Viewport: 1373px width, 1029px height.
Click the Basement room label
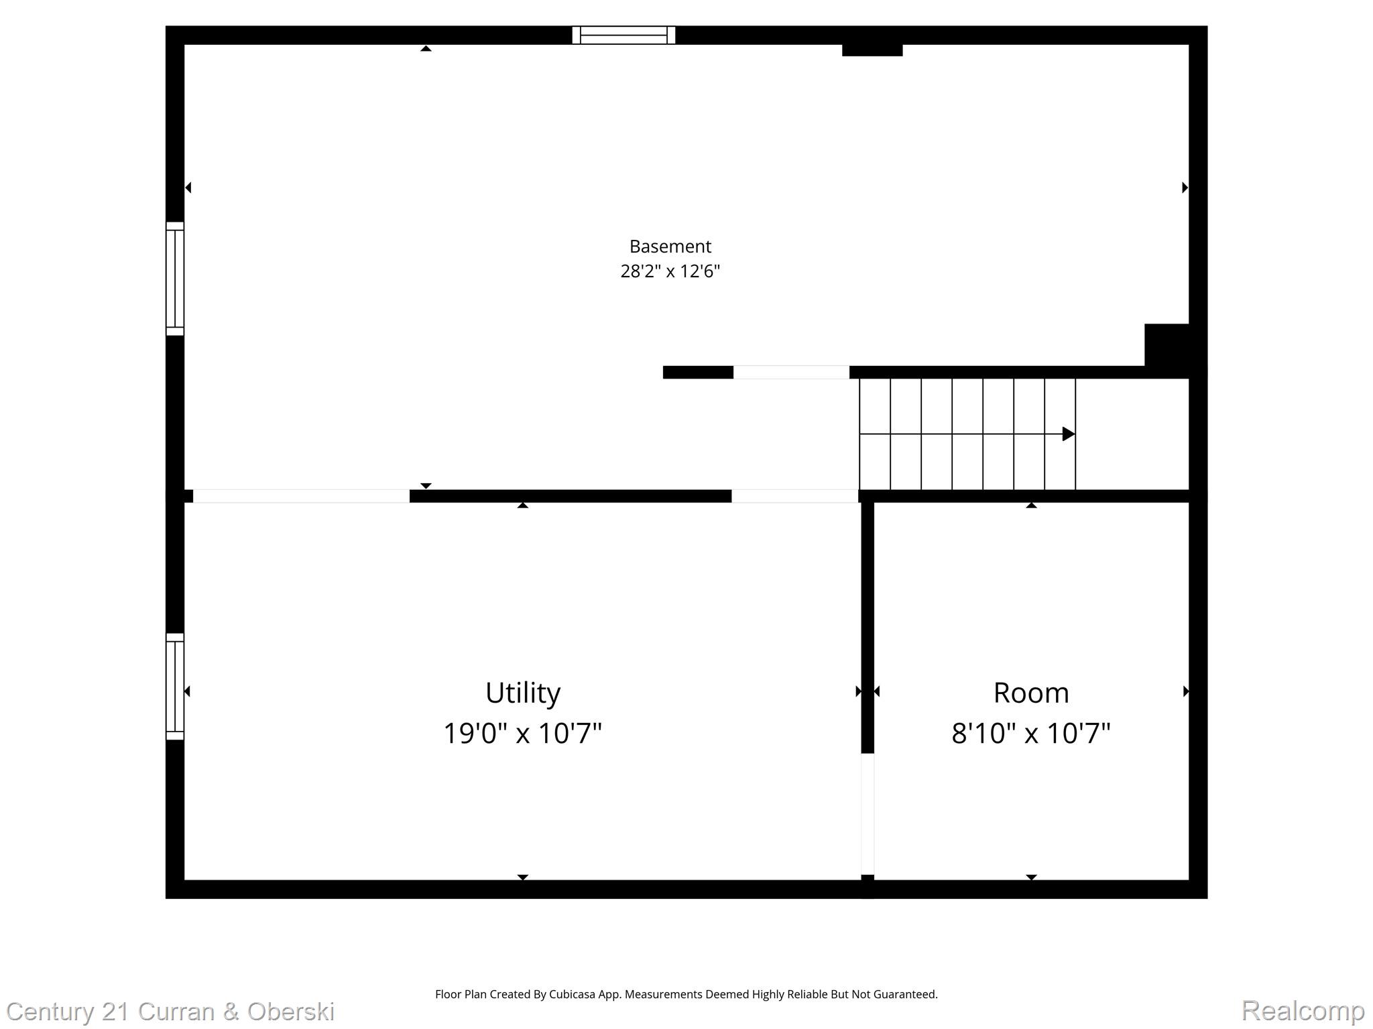[670, 247]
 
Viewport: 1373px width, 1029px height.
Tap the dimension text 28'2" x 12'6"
[670, 271]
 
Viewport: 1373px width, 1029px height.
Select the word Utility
[522, 693]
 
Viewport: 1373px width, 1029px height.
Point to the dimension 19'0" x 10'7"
[522, 733]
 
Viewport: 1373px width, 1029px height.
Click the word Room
[1030, 693]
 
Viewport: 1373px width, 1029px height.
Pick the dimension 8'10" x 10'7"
[1030, 733]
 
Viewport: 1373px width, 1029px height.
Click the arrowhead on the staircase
[1068, 434]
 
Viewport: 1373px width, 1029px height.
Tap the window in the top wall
[623, 35]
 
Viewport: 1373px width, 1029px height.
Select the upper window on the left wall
[175, 279]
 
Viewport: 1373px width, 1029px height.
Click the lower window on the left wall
[175, 687]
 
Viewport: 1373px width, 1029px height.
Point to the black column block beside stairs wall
[1167, 345]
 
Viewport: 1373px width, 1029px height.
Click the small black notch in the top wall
[872, 50]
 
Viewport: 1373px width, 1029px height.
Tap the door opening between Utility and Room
[868, 814]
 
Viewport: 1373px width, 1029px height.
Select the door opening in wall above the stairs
[791, 372]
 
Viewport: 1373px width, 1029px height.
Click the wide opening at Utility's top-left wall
[301, 496]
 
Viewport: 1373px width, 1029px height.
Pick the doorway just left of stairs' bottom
[794, 496]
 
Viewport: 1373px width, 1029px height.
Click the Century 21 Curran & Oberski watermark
[170, 1011]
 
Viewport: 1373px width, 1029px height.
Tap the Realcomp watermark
[1303, 1010]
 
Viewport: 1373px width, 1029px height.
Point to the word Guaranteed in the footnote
[908, 994]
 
